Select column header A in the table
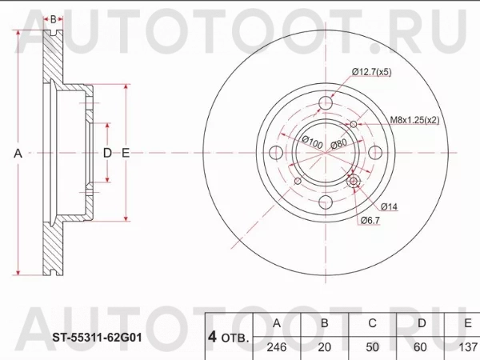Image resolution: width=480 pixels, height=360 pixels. (277, 323)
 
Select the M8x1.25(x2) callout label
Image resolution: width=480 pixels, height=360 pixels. (414, 120)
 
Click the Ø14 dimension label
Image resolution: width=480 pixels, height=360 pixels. (389, 206)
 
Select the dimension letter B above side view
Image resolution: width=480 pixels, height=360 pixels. (53, 18)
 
